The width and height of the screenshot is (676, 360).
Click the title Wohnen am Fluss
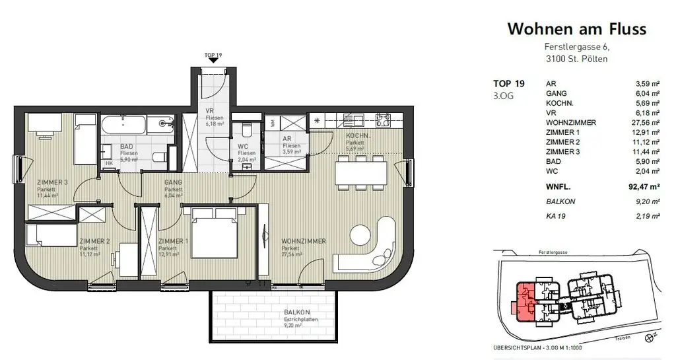[576, 29]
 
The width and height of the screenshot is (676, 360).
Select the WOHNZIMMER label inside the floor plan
[303, 241]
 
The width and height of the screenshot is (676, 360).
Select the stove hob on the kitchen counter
[384, 120]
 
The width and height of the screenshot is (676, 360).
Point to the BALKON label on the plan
[297, 312]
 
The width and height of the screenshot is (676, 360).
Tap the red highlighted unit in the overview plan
[525, 301]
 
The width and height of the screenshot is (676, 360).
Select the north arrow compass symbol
[651, 337]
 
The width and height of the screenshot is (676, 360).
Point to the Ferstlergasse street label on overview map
[555, 252]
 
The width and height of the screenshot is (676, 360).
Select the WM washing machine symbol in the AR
[273, 123]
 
